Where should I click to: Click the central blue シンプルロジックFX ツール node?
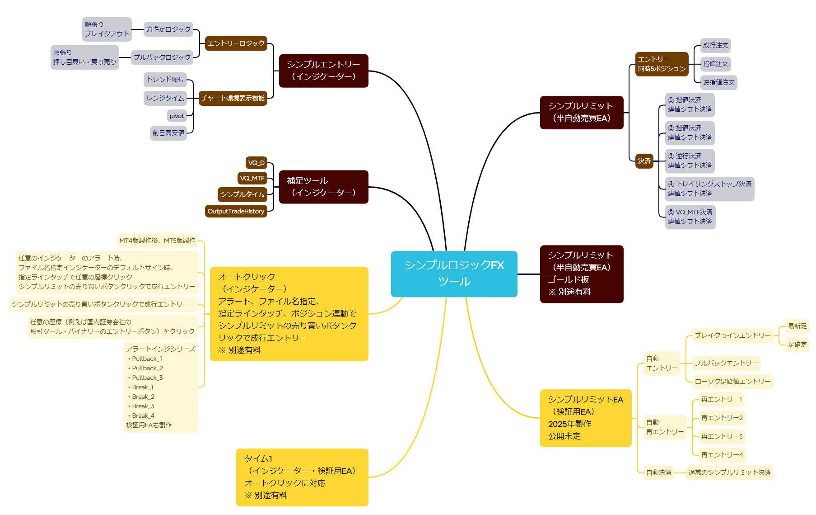[454, 274]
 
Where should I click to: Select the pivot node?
[177, 116]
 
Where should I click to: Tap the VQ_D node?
[256, 163]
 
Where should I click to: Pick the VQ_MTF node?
[252, 178]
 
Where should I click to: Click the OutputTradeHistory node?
[236, 211]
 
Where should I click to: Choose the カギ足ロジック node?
[168, 29]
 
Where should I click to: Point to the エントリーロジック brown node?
[236, 43]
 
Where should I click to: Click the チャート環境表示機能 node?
[233, 98]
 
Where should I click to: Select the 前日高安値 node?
[168, 133]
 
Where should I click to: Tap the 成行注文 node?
[715, 45]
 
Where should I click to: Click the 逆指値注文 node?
[718, 82]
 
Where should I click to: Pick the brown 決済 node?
[644, 161]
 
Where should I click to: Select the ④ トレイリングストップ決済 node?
[709, 189]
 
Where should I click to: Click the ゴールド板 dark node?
[581, 274]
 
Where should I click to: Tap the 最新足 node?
[797, 326]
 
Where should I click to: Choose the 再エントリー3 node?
[721, 436]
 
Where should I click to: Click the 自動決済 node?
[658, 472]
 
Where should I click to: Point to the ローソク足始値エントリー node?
[732, 382]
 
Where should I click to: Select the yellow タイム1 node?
[302, 477]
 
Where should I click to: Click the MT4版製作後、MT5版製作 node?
[157, 241]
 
